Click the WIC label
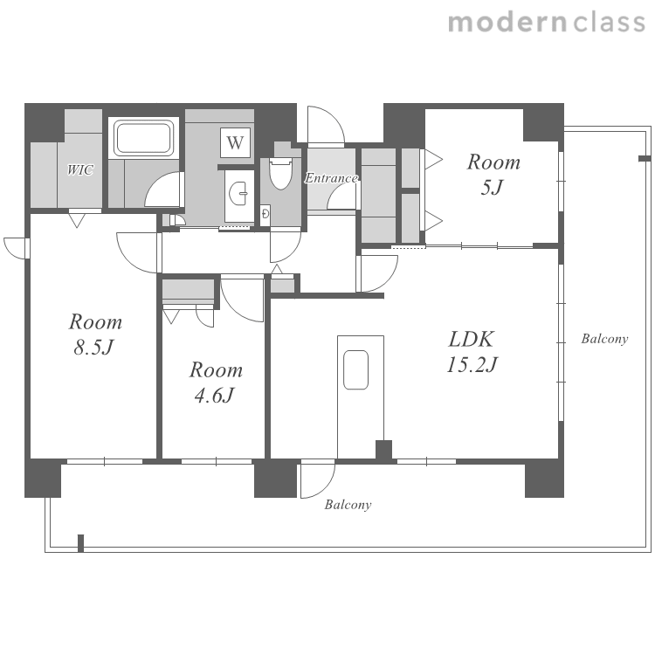[x=80, y=169]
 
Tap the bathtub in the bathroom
[x=144, y=138]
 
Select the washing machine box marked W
[x=235, y=142]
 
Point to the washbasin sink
[x=238, y=193]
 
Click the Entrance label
[x=331, y=178]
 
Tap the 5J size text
[x=492, y=187]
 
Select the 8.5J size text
[x=94, y=347]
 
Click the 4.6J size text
[x=215, y=395]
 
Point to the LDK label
[x=472, y=339]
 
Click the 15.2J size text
[x=472, y=364]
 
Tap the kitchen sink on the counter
[x=356, y=369]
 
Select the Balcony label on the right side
[x=604, y=338]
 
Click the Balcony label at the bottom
[x=348, y=505]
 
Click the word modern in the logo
[x=507, y=22]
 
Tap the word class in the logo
[x=609, y=22]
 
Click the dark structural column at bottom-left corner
[x=43, y=478]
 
